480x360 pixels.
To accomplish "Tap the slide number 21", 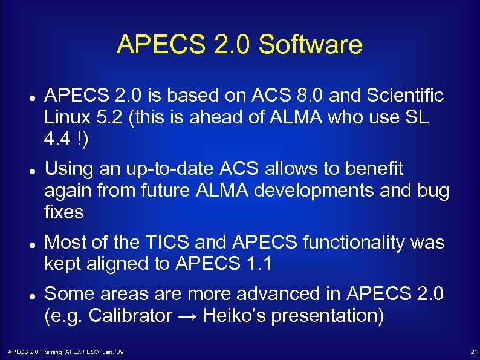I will click(473, 352).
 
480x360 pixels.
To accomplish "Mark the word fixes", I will click(63, 212).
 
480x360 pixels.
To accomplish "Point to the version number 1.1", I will click(264, 264).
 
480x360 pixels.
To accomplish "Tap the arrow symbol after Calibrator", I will click(187, 316).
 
